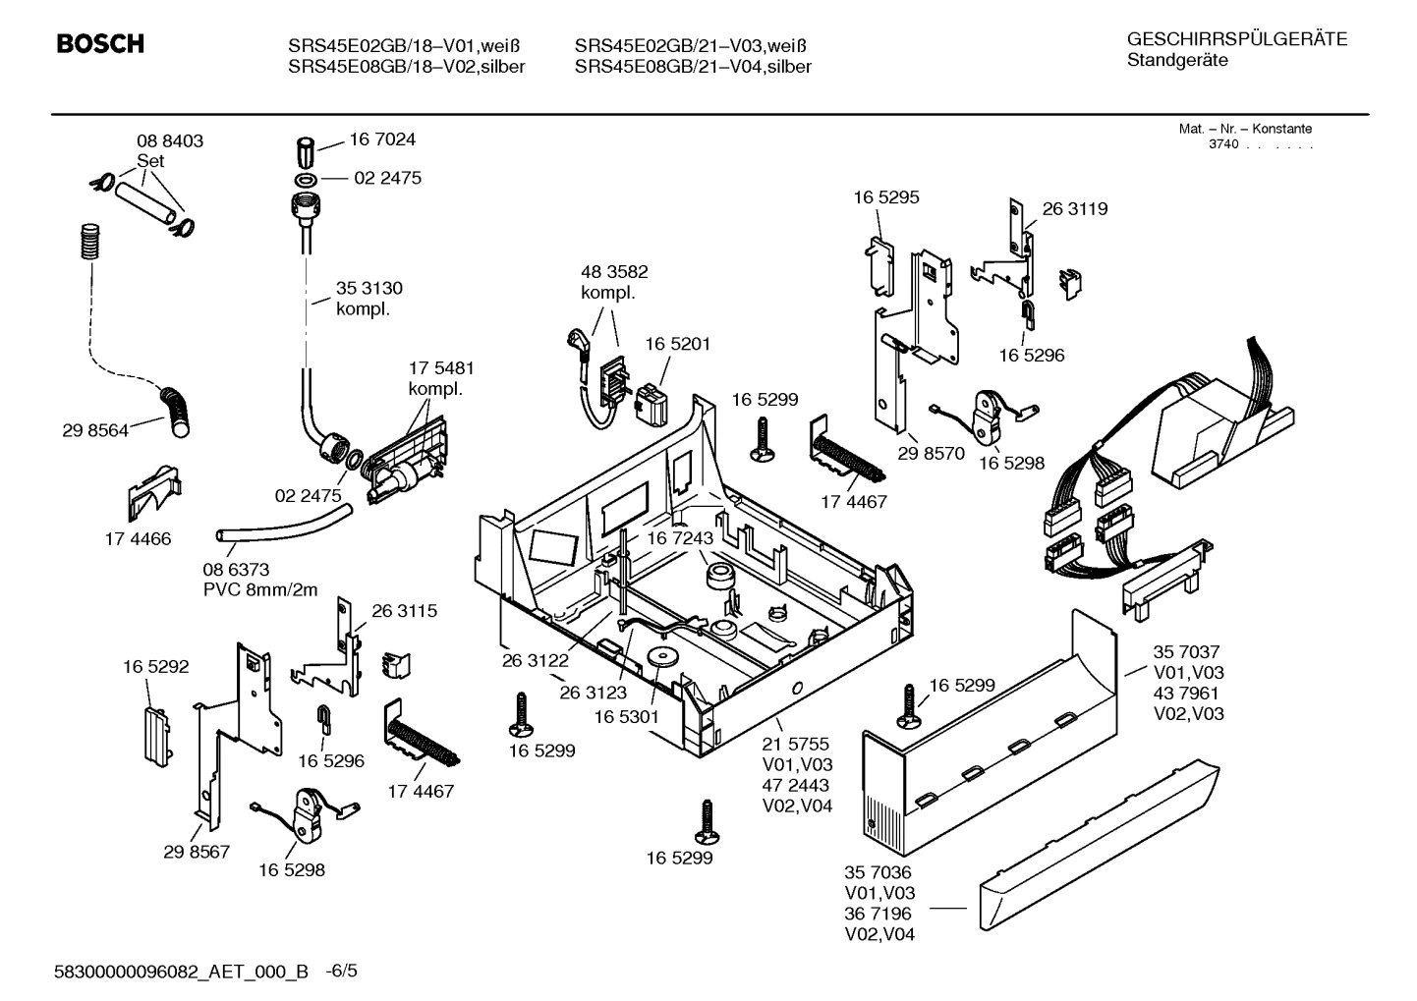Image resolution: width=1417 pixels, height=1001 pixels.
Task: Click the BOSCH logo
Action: coord(100,44)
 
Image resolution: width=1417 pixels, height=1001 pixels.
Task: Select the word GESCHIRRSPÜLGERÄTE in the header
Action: coord(1236,40)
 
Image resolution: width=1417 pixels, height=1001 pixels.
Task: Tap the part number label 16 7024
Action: coord(382,139)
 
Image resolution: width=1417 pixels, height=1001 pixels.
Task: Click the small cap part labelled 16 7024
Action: coord(306,153)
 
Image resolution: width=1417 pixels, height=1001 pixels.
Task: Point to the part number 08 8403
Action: coord(170,141)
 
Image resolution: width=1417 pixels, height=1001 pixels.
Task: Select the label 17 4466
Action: coord(138,539)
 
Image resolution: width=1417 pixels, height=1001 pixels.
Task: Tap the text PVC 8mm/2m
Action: coord(260,590)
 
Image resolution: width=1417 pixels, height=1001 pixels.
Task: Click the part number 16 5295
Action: coord(885,197)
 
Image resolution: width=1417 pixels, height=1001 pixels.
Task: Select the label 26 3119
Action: coord(1074,209)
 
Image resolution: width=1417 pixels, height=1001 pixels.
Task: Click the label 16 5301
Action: coord(626,718)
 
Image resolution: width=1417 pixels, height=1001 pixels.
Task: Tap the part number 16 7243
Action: coord(679,538)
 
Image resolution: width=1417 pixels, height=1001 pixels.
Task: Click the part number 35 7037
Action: coord(1186,652)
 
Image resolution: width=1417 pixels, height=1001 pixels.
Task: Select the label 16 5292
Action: coord(155,667)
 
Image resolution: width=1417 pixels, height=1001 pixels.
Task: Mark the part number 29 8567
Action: coord(197,852)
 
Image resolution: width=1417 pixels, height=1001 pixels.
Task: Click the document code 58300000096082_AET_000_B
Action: coord(182,973)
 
